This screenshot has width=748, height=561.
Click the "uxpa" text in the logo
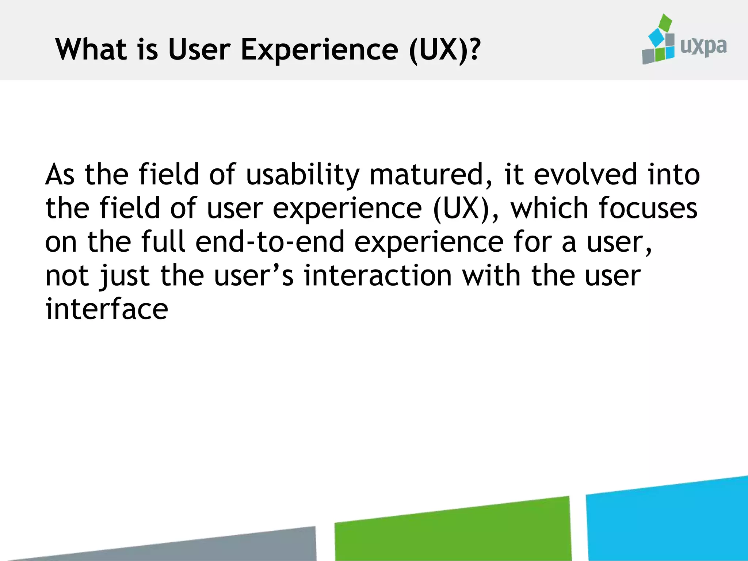point(703,46)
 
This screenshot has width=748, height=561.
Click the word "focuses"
point(648,208)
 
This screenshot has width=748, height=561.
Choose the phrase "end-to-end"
point(270,242)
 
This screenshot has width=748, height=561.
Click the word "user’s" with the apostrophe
point(253,276)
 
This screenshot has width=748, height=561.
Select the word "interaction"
point(378,276)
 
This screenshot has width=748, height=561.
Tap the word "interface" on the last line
point(106,309)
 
